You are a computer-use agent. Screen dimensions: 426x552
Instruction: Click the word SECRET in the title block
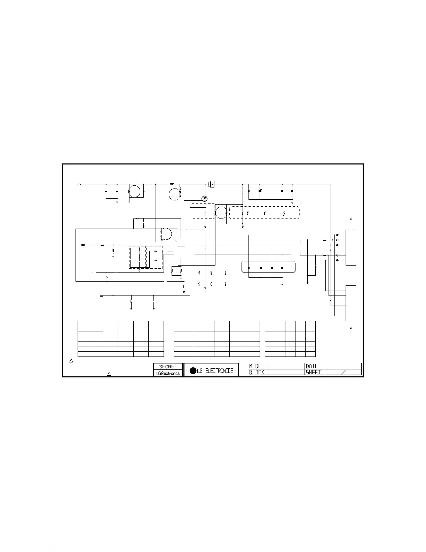pos(168,367)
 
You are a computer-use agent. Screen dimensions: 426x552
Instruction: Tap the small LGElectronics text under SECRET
pos(168,373)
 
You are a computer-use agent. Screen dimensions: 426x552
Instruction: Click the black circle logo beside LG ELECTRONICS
pos(193,371)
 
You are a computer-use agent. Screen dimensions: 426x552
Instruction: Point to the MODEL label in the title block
pos(257,366)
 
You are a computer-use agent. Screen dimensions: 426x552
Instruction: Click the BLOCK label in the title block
pos(257,372)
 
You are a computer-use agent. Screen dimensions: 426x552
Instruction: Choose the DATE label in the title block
pos(312,366)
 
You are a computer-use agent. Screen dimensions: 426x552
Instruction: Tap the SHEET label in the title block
pos(313,372)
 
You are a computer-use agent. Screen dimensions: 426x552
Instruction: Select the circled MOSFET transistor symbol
pos(205,199)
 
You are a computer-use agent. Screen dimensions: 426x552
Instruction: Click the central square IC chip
pos(184,248)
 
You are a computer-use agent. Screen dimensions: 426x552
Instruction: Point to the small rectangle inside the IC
pos(180,243)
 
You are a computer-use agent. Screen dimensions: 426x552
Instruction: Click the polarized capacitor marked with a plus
pos(260,191)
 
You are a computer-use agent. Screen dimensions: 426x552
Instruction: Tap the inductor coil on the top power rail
pos(172,183)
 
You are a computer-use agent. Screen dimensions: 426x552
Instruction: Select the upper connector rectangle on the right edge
pos(351,247)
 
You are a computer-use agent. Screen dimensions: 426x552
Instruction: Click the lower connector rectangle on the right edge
pos(351,303)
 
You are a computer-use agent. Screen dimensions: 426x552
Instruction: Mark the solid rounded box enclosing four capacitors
pos(268,267)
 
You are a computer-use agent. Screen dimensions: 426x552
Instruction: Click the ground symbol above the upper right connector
pos(351,220)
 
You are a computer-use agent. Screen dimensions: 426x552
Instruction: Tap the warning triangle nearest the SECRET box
pos(109,374)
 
